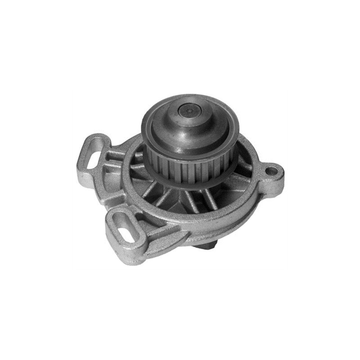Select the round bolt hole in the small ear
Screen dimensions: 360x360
tap(272, 171)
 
